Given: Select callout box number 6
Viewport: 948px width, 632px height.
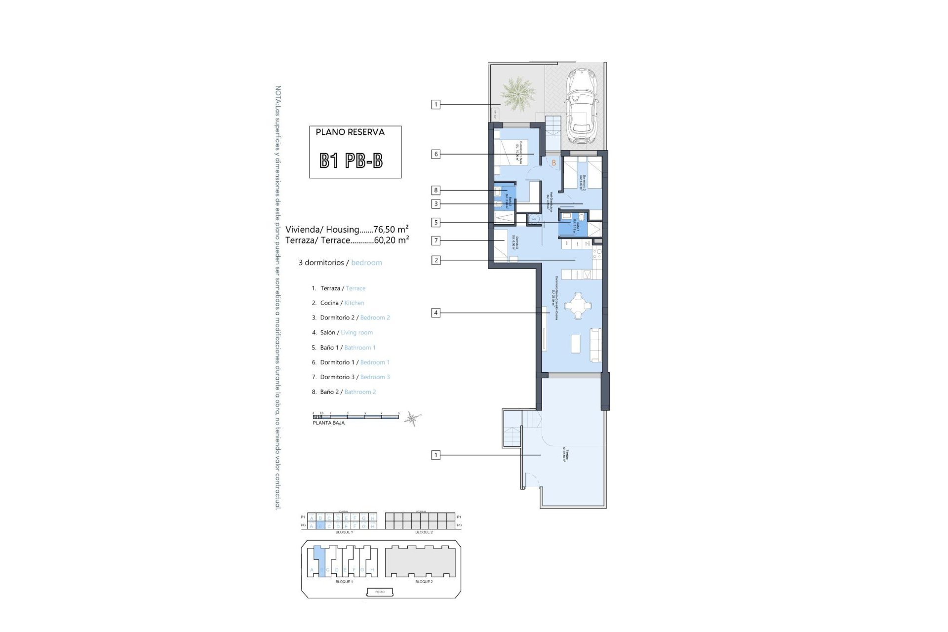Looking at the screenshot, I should pos(435,154).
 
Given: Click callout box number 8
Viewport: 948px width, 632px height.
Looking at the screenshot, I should pos(435,190).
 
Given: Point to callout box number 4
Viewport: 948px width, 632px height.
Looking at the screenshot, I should pos(435,313).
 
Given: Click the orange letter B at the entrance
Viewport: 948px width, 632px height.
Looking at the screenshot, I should pos(554,163).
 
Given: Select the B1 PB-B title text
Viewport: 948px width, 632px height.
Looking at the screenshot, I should pos(351,160).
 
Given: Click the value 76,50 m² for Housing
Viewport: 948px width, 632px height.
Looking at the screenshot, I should pos(391,229).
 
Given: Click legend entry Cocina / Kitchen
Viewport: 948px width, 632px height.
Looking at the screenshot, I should pos(342,303).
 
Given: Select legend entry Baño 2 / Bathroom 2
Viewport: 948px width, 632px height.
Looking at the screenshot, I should pos(348,392).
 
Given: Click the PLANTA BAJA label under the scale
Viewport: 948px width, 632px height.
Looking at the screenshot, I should pos(328,423).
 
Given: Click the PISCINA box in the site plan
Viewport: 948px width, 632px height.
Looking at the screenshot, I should pos(380,592).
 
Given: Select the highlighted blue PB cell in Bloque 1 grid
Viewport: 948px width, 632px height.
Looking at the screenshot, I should pos(320,526).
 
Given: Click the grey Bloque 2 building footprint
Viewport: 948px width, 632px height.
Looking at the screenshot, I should pos(420,561).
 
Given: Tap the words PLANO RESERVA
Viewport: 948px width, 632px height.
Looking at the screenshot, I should pos(350,132).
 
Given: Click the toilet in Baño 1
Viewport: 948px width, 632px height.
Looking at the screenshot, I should pos(581,217).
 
